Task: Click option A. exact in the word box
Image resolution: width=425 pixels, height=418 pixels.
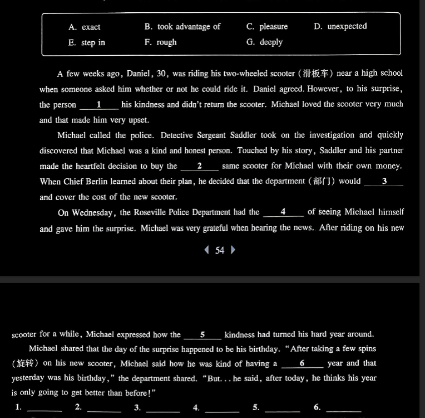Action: (84, 27)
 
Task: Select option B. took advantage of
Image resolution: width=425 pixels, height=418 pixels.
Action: (182, 27)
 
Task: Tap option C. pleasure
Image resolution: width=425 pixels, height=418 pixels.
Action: (267, 27)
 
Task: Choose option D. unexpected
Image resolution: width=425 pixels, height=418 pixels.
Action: (340, 26)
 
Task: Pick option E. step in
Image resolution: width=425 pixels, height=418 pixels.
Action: (86, 42)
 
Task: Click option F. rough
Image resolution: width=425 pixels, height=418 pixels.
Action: (160, 42)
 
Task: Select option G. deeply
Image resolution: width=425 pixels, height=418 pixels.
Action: (264, 42)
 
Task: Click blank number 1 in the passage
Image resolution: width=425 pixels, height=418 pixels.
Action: (99, 105)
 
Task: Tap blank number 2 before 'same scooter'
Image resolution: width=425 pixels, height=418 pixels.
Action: (199, 166)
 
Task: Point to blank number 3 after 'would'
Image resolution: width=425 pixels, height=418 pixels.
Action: (384, 182)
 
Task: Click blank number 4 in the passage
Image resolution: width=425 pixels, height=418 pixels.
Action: (283, 212)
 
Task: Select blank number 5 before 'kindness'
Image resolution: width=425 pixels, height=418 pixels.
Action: (202, 335)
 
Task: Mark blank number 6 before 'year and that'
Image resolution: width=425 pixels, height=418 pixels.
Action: (302, 364)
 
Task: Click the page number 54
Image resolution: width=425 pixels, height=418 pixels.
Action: (220, 250)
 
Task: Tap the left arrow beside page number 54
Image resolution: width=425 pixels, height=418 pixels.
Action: (207, 250)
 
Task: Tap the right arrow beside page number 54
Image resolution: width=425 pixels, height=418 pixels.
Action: (233, 250)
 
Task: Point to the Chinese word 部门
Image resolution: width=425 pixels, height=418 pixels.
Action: (323, 181)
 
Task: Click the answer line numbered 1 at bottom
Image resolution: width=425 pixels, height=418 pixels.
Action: (45, 409)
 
